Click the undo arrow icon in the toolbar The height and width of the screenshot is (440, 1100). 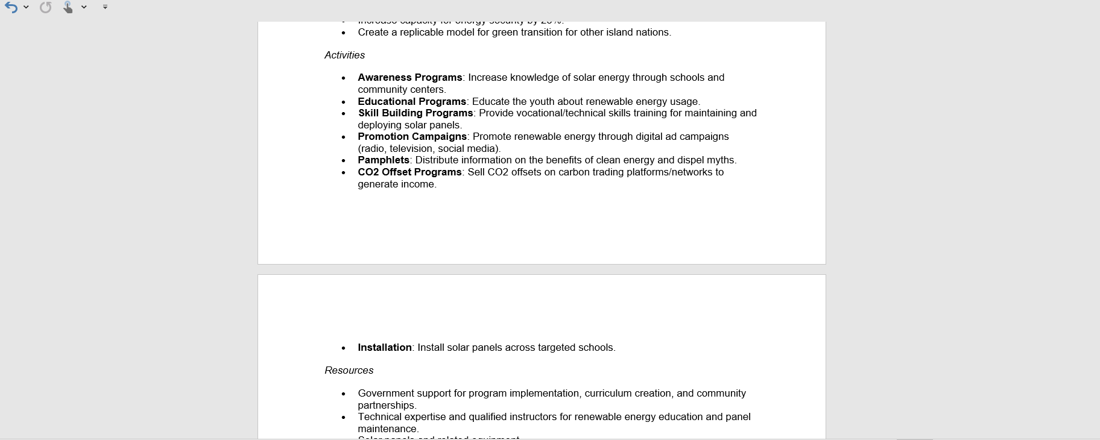point(11,7)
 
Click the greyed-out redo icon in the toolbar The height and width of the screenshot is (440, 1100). point(46,7)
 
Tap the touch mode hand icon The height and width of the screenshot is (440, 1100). point(68,7)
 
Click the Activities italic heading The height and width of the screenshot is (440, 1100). point(344,55)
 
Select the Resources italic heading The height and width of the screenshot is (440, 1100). point(349,370)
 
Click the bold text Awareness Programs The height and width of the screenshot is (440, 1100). point(409,77)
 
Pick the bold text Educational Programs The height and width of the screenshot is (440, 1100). point(411,101)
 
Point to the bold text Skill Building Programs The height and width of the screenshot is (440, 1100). point(416,113)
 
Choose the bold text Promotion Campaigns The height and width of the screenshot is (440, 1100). point(412,136)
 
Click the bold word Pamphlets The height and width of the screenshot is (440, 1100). point(383,160)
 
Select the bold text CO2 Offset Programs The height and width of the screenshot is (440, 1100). point(409,172)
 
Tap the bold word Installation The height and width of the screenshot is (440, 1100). point(384,347)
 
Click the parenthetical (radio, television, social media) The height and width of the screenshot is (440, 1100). point(429,148)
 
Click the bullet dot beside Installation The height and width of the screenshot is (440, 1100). point(344,348)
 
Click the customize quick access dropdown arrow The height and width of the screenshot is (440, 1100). point(105,7)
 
